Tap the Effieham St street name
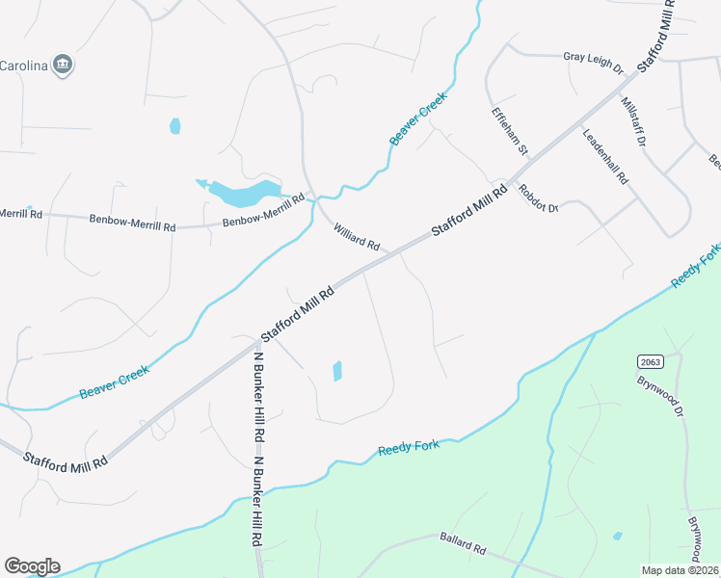[510, 131]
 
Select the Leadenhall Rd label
[605, 156]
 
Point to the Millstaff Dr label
[632, 121]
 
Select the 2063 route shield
[650, 361]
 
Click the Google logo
[32, 566]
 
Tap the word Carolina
[22, 66]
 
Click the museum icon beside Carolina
[64, 65]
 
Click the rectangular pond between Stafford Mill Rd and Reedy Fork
[337, 371]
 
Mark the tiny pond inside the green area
[617, 536]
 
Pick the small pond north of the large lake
[174, 126]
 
